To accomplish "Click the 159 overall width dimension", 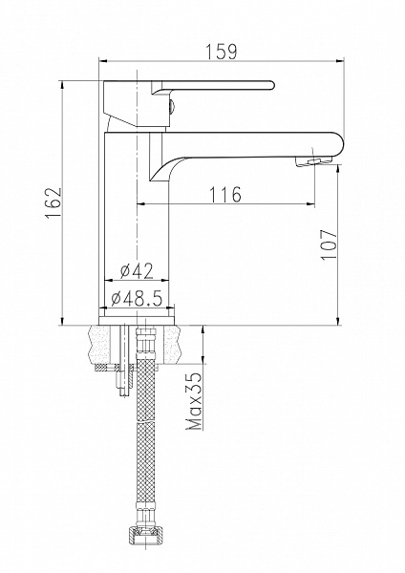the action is [x=221, y=52].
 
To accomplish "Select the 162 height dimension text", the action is [x=53, y=203].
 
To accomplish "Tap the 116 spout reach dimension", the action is [x=225, y=195].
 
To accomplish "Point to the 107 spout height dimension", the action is [x=329, y=244].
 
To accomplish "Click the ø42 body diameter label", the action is [x=137, y=271].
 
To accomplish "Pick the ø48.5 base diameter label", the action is [x=137, y=299].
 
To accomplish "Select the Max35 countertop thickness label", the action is [x=194, y=401].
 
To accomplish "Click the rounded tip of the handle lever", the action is [x=271, y=85].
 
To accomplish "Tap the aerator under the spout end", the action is [x=314, y=162].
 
